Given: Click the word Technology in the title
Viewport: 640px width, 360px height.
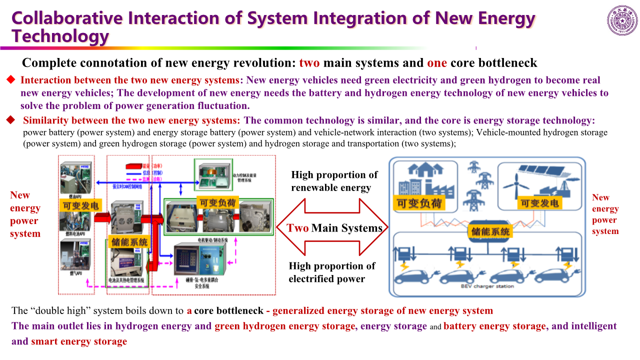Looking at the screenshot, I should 60,36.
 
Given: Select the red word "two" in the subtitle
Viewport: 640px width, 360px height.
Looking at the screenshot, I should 309,63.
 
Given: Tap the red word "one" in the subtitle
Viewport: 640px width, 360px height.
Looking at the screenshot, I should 436,63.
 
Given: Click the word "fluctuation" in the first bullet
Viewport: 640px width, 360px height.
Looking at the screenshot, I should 221,105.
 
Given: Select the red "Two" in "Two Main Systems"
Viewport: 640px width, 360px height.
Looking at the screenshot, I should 297,228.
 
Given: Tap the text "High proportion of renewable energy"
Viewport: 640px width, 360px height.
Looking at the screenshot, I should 334,181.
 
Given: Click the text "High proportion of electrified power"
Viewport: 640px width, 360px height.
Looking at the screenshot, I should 331,272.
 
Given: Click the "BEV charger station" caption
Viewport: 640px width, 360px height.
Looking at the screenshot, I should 487,286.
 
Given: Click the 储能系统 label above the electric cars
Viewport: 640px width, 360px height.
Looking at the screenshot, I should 490,231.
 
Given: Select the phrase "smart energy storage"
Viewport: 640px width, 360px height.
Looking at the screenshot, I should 79,342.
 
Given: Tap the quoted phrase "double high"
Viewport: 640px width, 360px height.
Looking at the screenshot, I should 56,311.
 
